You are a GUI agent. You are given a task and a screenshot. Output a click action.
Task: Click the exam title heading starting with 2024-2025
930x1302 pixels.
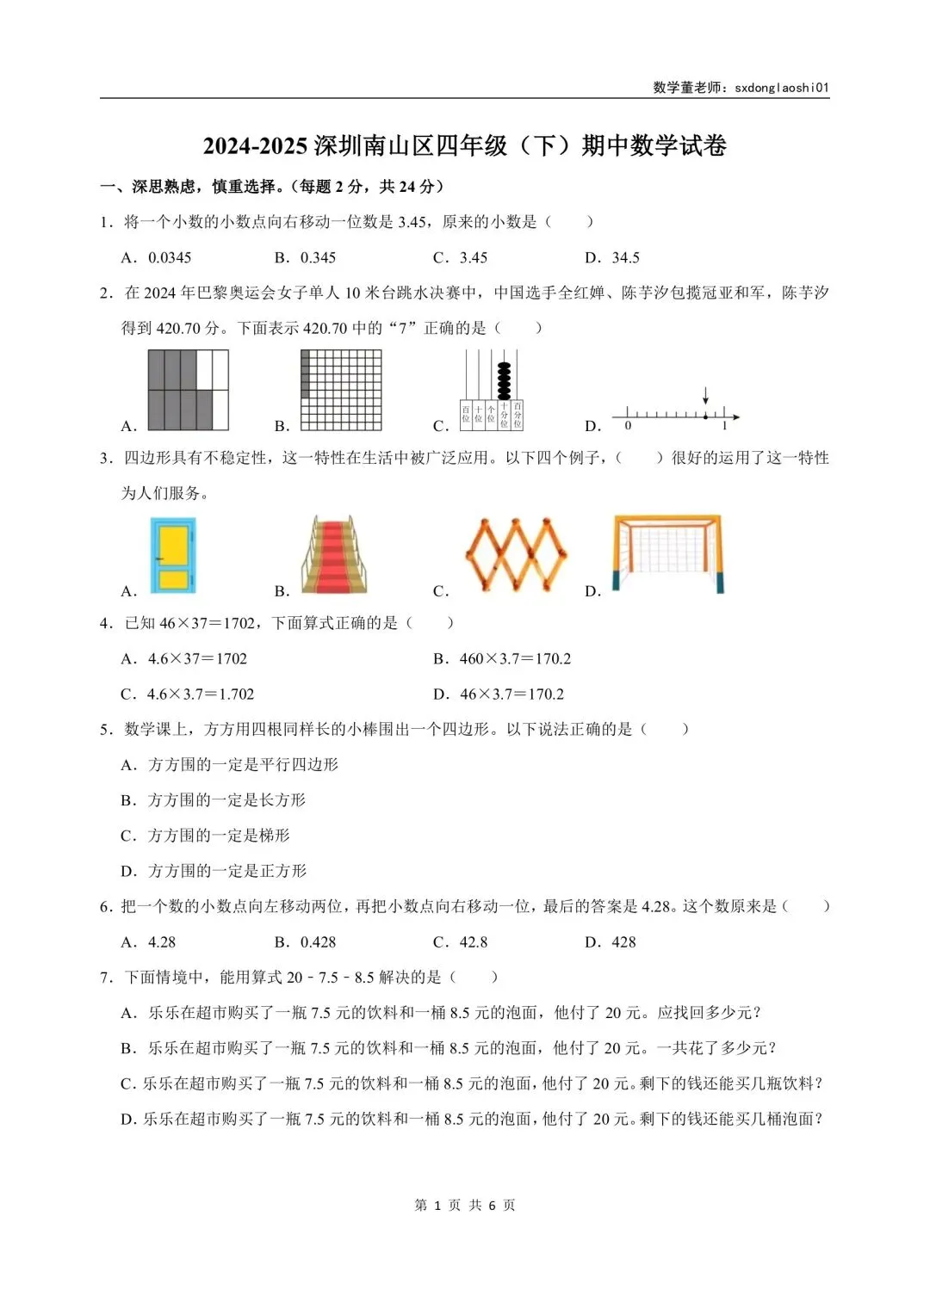[x=465, y=145]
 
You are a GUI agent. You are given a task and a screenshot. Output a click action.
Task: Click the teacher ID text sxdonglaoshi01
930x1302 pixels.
[x=781, y=87]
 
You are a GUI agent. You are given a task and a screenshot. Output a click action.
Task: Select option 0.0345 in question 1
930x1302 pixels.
[x=170, y=257]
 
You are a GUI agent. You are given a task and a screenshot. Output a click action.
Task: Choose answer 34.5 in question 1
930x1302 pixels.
[x=625, y=257]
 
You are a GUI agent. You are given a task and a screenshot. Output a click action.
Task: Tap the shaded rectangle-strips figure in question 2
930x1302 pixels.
[x=188, y=389]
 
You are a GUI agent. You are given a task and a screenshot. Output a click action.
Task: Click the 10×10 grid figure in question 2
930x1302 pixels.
[x=341, y=389]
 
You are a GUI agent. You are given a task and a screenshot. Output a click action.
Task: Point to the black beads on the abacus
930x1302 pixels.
[x=504, y=379]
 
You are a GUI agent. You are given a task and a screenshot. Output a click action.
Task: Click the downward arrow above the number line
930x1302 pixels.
[x=706, y=396]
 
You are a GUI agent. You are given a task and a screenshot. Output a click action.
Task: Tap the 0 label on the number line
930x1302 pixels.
[x=628, y=426]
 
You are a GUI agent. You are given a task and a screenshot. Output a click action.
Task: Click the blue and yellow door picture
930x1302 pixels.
[x=173, y=554]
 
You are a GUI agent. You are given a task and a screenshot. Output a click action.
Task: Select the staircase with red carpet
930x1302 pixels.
[x=335, y=554]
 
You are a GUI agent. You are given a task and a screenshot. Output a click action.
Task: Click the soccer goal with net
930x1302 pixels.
[x=667, y=553]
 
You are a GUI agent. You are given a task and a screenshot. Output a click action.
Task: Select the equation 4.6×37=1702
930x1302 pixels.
[x=197, y=658]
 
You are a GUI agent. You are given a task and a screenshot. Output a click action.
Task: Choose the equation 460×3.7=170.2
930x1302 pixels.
[x=515, y=658]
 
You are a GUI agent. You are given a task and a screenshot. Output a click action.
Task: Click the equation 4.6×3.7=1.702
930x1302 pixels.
[x=200, y=694]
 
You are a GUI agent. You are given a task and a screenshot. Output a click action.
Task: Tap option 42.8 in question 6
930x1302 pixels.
[x=473, y=941]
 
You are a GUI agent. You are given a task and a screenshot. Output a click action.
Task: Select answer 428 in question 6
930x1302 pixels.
[x=623, y=941]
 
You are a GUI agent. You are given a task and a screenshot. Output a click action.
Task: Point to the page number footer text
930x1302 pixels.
[x=465, y=1205]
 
